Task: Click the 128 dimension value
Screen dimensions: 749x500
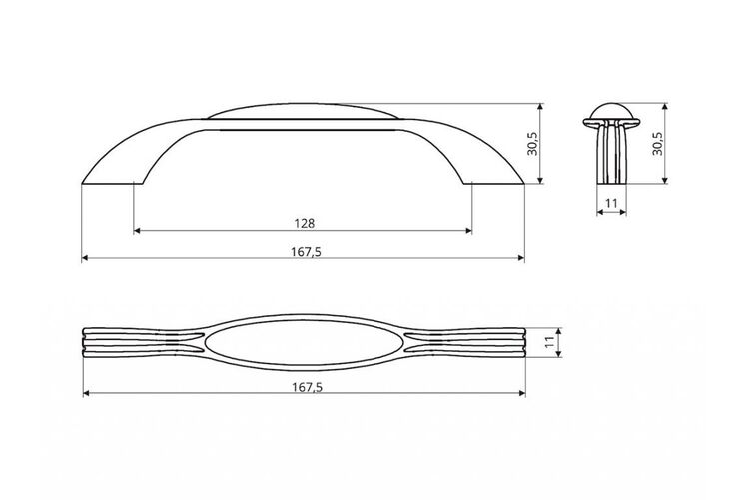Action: coord(305,223)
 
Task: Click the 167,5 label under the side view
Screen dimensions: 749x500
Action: coord(306,252)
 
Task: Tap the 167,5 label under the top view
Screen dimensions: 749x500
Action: coord(307,387)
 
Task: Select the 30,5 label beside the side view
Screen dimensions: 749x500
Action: coord(532,144)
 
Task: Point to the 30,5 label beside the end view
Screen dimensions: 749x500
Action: coord(658,143)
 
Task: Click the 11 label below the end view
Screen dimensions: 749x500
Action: coord(611,203)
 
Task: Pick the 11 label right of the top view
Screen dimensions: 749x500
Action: coord(550,342)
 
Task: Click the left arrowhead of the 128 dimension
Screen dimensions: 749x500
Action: coord(137,231)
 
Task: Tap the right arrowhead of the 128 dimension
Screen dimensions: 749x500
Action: coord(468,231)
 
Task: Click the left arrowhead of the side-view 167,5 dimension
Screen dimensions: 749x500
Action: coord(85,258)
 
